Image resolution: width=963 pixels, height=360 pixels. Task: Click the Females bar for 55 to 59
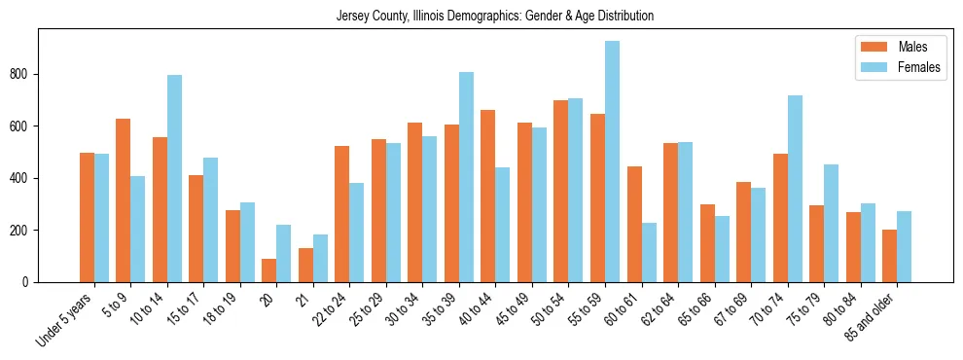612,162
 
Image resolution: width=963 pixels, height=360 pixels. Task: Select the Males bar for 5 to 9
124,200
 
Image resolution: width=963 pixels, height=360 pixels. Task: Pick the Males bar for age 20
269,270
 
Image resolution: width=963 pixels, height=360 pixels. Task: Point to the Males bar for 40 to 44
488,196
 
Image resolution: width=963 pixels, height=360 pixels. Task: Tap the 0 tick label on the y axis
29,282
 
